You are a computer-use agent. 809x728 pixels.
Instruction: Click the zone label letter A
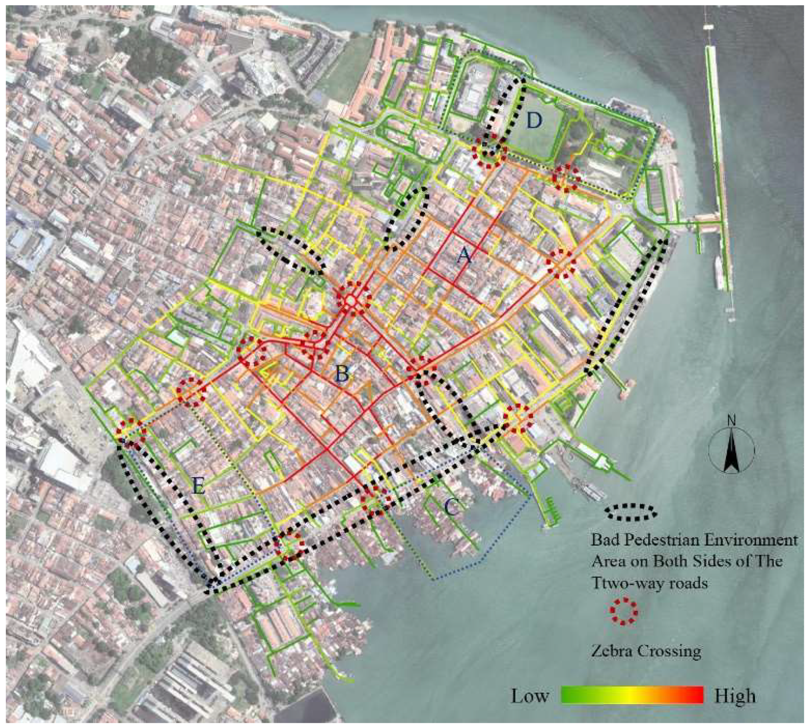[464, 255]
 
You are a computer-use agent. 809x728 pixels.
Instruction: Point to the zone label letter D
[534, 120]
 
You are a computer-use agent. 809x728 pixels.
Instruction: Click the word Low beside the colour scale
[529, 696]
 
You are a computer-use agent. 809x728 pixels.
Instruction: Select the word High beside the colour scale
[735, 696]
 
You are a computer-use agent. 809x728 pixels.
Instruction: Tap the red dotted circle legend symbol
[623, 611]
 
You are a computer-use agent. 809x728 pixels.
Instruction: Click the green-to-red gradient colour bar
[632, 695]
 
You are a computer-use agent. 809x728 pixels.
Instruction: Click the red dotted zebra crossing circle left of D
[488, 151]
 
